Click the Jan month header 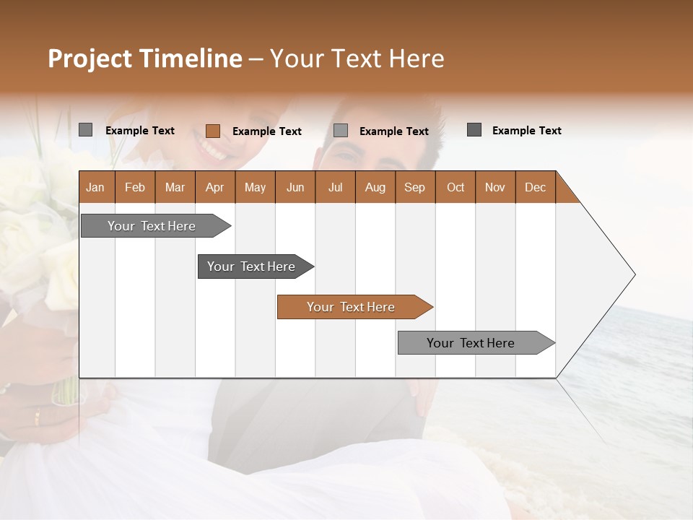[x=95, y=187]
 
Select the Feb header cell [x=135, y=187]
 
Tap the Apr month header [x=214, y=187]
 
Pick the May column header [x=255, y=187]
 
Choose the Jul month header [x=335, y=187]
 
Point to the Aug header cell [x=375, y=187]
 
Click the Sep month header [x=414, y=187]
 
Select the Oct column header [x=456, y=187]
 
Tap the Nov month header [x=495, y=187]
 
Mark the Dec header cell [x=535, y=187]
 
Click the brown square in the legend [x=213, y=131]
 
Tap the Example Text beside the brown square [x=267, y=131]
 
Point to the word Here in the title [x=417, y=58]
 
